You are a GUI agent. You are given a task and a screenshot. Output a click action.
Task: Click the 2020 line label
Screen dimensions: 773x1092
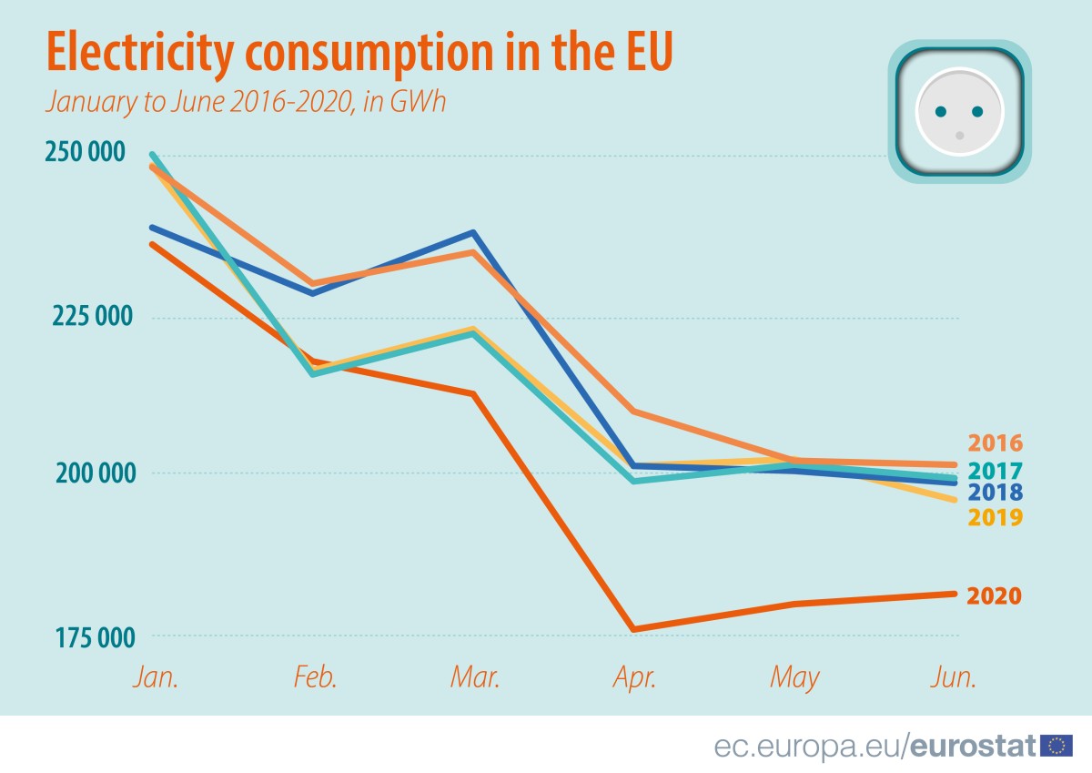point(994,596)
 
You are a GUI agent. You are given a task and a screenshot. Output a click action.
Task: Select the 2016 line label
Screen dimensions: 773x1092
point(995,443)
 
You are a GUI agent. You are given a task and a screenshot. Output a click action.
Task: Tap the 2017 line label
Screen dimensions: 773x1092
point(995,471)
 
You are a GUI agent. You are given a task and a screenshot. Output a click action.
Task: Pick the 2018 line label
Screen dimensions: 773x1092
point(995,493)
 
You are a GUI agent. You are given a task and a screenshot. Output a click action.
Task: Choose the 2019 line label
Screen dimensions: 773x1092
point(995,518)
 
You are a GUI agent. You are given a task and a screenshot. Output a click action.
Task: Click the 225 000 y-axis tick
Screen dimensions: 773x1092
point(84,317)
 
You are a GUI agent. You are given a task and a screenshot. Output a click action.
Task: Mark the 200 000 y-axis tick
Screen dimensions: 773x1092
point(84,473)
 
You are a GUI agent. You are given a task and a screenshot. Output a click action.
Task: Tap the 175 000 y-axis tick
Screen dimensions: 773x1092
point(84,636)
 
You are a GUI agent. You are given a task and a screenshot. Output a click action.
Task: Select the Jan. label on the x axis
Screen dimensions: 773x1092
point(156,677)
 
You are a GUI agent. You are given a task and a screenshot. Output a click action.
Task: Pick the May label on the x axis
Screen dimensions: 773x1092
point(794,678)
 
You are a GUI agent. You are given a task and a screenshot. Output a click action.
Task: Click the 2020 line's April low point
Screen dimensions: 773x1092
point(632,629)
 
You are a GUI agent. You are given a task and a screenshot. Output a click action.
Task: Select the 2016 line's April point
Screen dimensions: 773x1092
point(632,412)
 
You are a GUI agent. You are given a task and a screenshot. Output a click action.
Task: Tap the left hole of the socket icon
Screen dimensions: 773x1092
point(942,112)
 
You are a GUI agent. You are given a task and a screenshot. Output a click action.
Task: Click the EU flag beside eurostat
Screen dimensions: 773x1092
point(1056,747)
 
